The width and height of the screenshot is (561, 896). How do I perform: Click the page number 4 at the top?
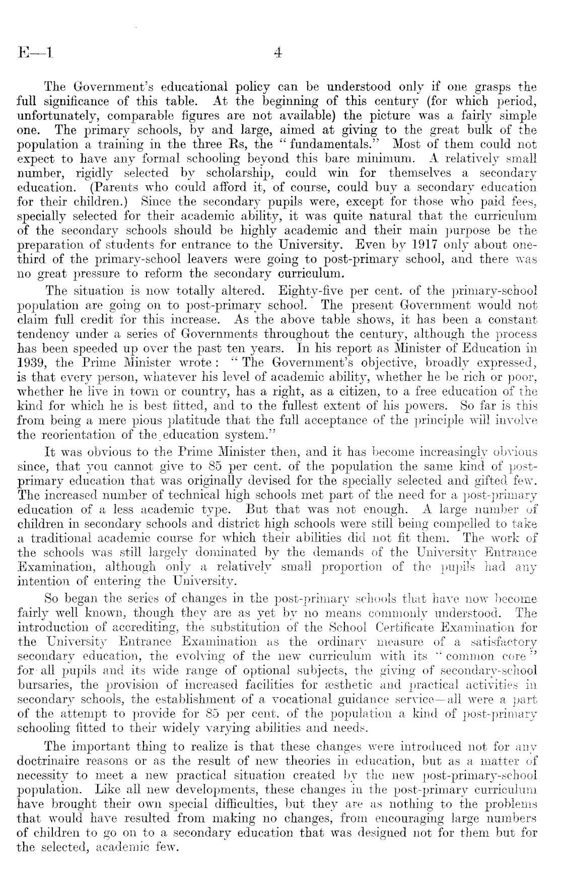278,53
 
